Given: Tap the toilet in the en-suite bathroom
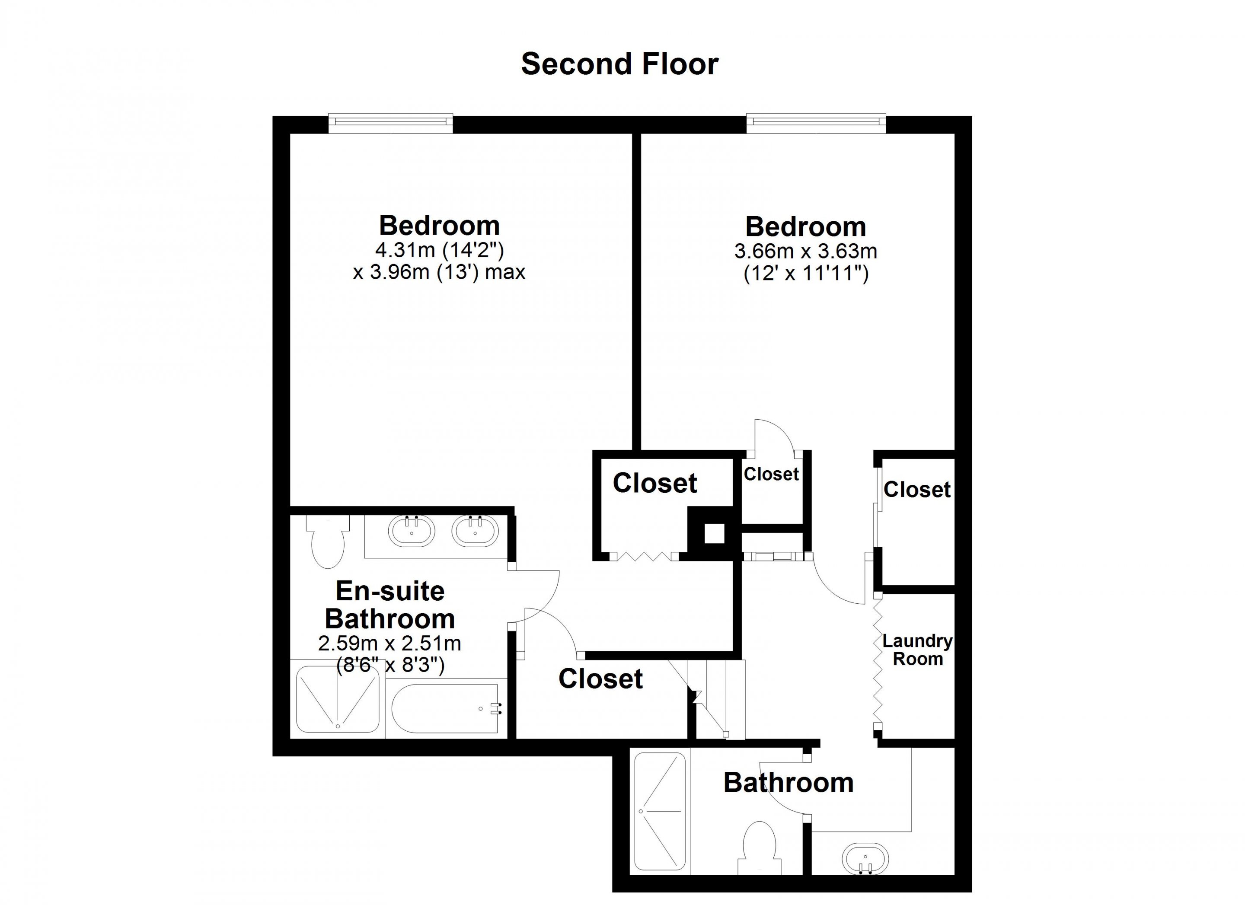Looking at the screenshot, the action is pyautogui.click(x=327, y=541).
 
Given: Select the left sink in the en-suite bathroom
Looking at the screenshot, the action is pyautogui.click(x=411, y=531).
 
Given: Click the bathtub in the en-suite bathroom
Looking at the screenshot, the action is pyautogui.click(x=445, y=708).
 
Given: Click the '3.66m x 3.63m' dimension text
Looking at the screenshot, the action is pyautogui.click(x=806, y=252).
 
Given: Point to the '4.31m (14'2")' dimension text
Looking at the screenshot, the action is pyautogui.click(x=439, y=250).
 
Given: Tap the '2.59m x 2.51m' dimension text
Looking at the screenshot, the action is pyautogui.click(x=390, y=643).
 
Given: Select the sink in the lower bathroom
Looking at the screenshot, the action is pyautogui.click(x=865, y=858).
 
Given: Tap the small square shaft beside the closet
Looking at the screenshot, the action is pyautogui.click(x=714, y=533).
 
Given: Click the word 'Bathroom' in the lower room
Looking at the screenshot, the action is pyautogui.click(x=788, y=783).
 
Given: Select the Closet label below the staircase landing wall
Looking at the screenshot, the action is pyautogui.click(x=600, y=679).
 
